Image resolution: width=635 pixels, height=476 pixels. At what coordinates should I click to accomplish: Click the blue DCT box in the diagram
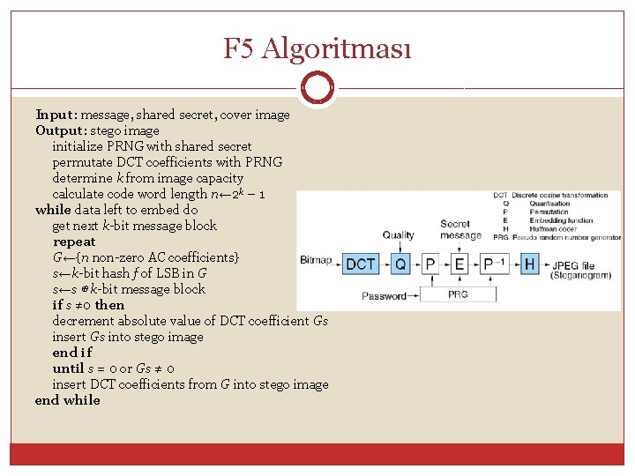tap(360, 264)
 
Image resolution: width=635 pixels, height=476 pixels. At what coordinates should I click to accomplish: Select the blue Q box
tap(400, 264)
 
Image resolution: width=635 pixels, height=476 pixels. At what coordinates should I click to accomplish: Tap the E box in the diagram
tap(459, 264)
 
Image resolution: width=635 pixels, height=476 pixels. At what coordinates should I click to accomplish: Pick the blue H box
tap(529, 264)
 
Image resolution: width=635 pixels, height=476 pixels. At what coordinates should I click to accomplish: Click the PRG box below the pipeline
tap(458, 294)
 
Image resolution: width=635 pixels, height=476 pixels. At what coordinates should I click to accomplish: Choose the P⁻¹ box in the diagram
tap(494, 264)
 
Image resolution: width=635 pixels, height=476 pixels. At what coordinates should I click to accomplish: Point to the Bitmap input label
tap(316, 260)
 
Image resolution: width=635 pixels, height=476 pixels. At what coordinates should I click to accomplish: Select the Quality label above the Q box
tap(398, 235)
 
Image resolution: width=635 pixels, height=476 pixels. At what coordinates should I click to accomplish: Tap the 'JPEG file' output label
tap(574, 264)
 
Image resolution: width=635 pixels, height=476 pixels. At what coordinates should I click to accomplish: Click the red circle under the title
tap(317, 88)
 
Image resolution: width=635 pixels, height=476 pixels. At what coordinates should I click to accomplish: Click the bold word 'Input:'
tap(57, 115)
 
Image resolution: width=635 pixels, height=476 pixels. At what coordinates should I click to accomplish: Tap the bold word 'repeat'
tap(74, 242)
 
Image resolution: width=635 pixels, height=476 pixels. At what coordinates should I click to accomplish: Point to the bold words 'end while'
tap(68, 400)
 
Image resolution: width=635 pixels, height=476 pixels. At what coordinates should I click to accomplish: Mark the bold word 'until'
tap(68, 368)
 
